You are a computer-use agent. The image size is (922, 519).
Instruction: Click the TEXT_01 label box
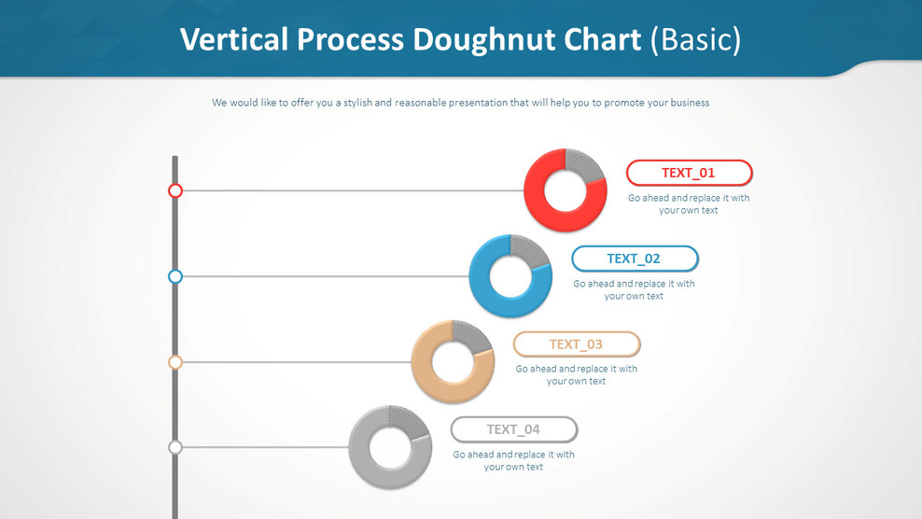(689, 173)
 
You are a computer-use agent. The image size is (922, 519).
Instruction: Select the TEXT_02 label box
(635, 259)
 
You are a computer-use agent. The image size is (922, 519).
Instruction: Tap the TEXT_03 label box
(577, 344)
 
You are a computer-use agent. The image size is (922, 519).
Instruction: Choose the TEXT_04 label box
(514, 429)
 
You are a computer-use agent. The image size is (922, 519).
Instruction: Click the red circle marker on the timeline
(175, 190)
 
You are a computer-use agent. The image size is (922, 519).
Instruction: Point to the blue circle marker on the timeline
(175, 276)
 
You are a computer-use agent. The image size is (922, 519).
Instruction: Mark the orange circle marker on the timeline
(175, 362)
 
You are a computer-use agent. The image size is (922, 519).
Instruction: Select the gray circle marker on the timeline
(175, 447)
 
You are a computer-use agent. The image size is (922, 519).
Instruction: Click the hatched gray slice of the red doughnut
(584, 166)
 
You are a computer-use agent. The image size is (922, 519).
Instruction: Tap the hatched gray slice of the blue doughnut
(530, 252)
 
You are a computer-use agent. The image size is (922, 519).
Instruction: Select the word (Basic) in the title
(695, 39)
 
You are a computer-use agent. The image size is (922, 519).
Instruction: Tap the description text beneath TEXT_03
(577, 375)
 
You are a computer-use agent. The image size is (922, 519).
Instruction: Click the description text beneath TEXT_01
(689, 203)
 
